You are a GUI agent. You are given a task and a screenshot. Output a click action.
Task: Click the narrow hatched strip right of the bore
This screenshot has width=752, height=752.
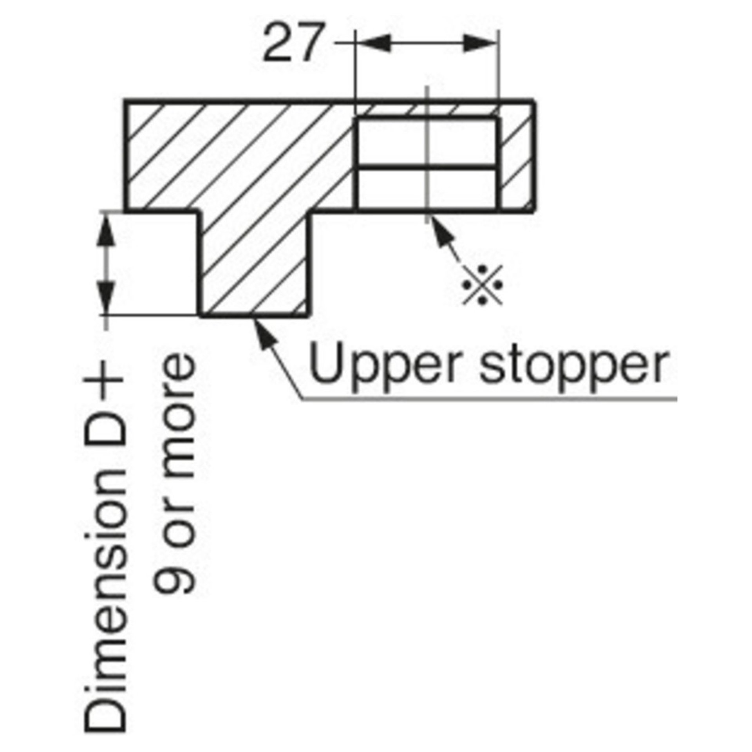(517, 161)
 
